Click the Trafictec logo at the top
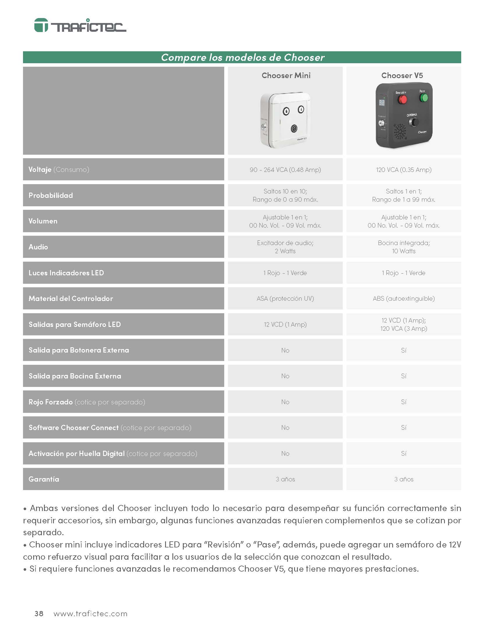coord(80,25)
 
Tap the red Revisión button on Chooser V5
coord(402,99)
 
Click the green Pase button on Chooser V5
coord(423,97)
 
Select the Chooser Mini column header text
coord(286,75)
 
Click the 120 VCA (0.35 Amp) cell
coord(404,170)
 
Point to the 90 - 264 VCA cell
coord(285,170)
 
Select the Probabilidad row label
coord(50,195)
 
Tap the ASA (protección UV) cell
coord(285,298)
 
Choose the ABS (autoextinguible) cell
coord(404,298)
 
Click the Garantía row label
coord(44,479)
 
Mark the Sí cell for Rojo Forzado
coord(404,402)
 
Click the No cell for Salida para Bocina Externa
coord(285,376)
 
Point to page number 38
coord(39,614)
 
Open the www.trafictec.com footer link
coord(90,614)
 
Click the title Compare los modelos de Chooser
coord(243,57)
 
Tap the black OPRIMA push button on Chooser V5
coord(414,122)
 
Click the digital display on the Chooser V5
coord(382,103)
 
